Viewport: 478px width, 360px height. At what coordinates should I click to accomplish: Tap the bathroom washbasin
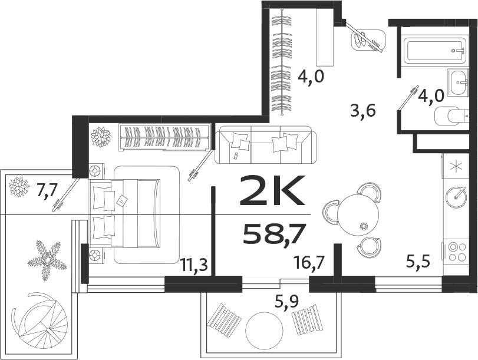point(458,82)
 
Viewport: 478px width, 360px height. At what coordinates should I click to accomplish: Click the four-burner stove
point(455,252)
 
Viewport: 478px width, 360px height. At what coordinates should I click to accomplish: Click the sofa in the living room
point(266,145)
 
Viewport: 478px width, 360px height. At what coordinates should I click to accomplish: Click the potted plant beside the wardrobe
point(101,137)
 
